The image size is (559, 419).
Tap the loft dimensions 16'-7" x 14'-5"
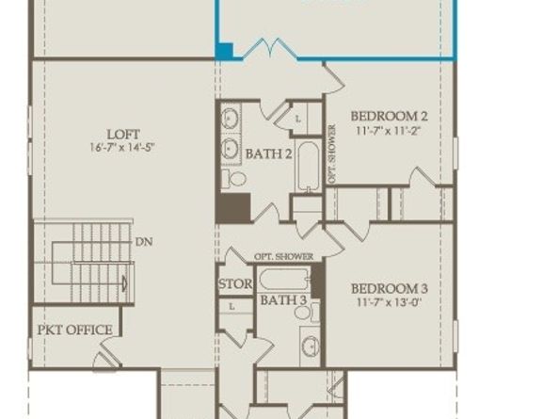click(x=124, y=148)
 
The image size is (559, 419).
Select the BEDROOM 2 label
click(x=390, y=117)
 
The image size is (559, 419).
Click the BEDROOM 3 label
click(x=390, y=288)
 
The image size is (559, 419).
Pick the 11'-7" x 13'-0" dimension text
click(x=390, y=303)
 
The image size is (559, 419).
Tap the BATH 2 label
click(x=268, y=153)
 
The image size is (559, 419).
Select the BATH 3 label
click(x=283, y=300)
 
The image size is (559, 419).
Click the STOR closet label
click(x=234, y=283)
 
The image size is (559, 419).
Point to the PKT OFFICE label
click(x=75, y=330)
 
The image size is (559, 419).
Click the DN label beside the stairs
click(x=144, y=242)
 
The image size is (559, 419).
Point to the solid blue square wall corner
click(x=225, y=52)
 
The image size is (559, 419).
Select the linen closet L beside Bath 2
click(x=298, y=119)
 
